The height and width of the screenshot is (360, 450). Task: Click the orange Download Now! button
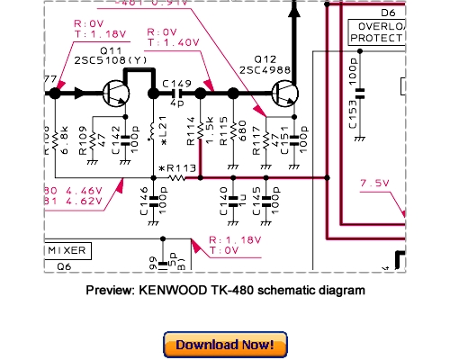pyautogui.click(x=226, y=345)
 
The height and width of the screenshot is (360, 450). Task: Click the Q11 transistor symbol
pyautogui.click(x=115, y=92)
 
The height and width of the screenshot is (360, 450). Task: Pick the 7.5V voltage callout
pyautogui.click(x=373, y=184)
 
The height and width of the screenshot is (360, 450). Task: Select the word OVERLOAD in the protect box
pyautogui.click(x=382, y=27)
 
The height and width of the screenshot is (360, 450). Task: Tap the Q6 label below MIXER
pyautogui.click(x=64, y=266)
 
